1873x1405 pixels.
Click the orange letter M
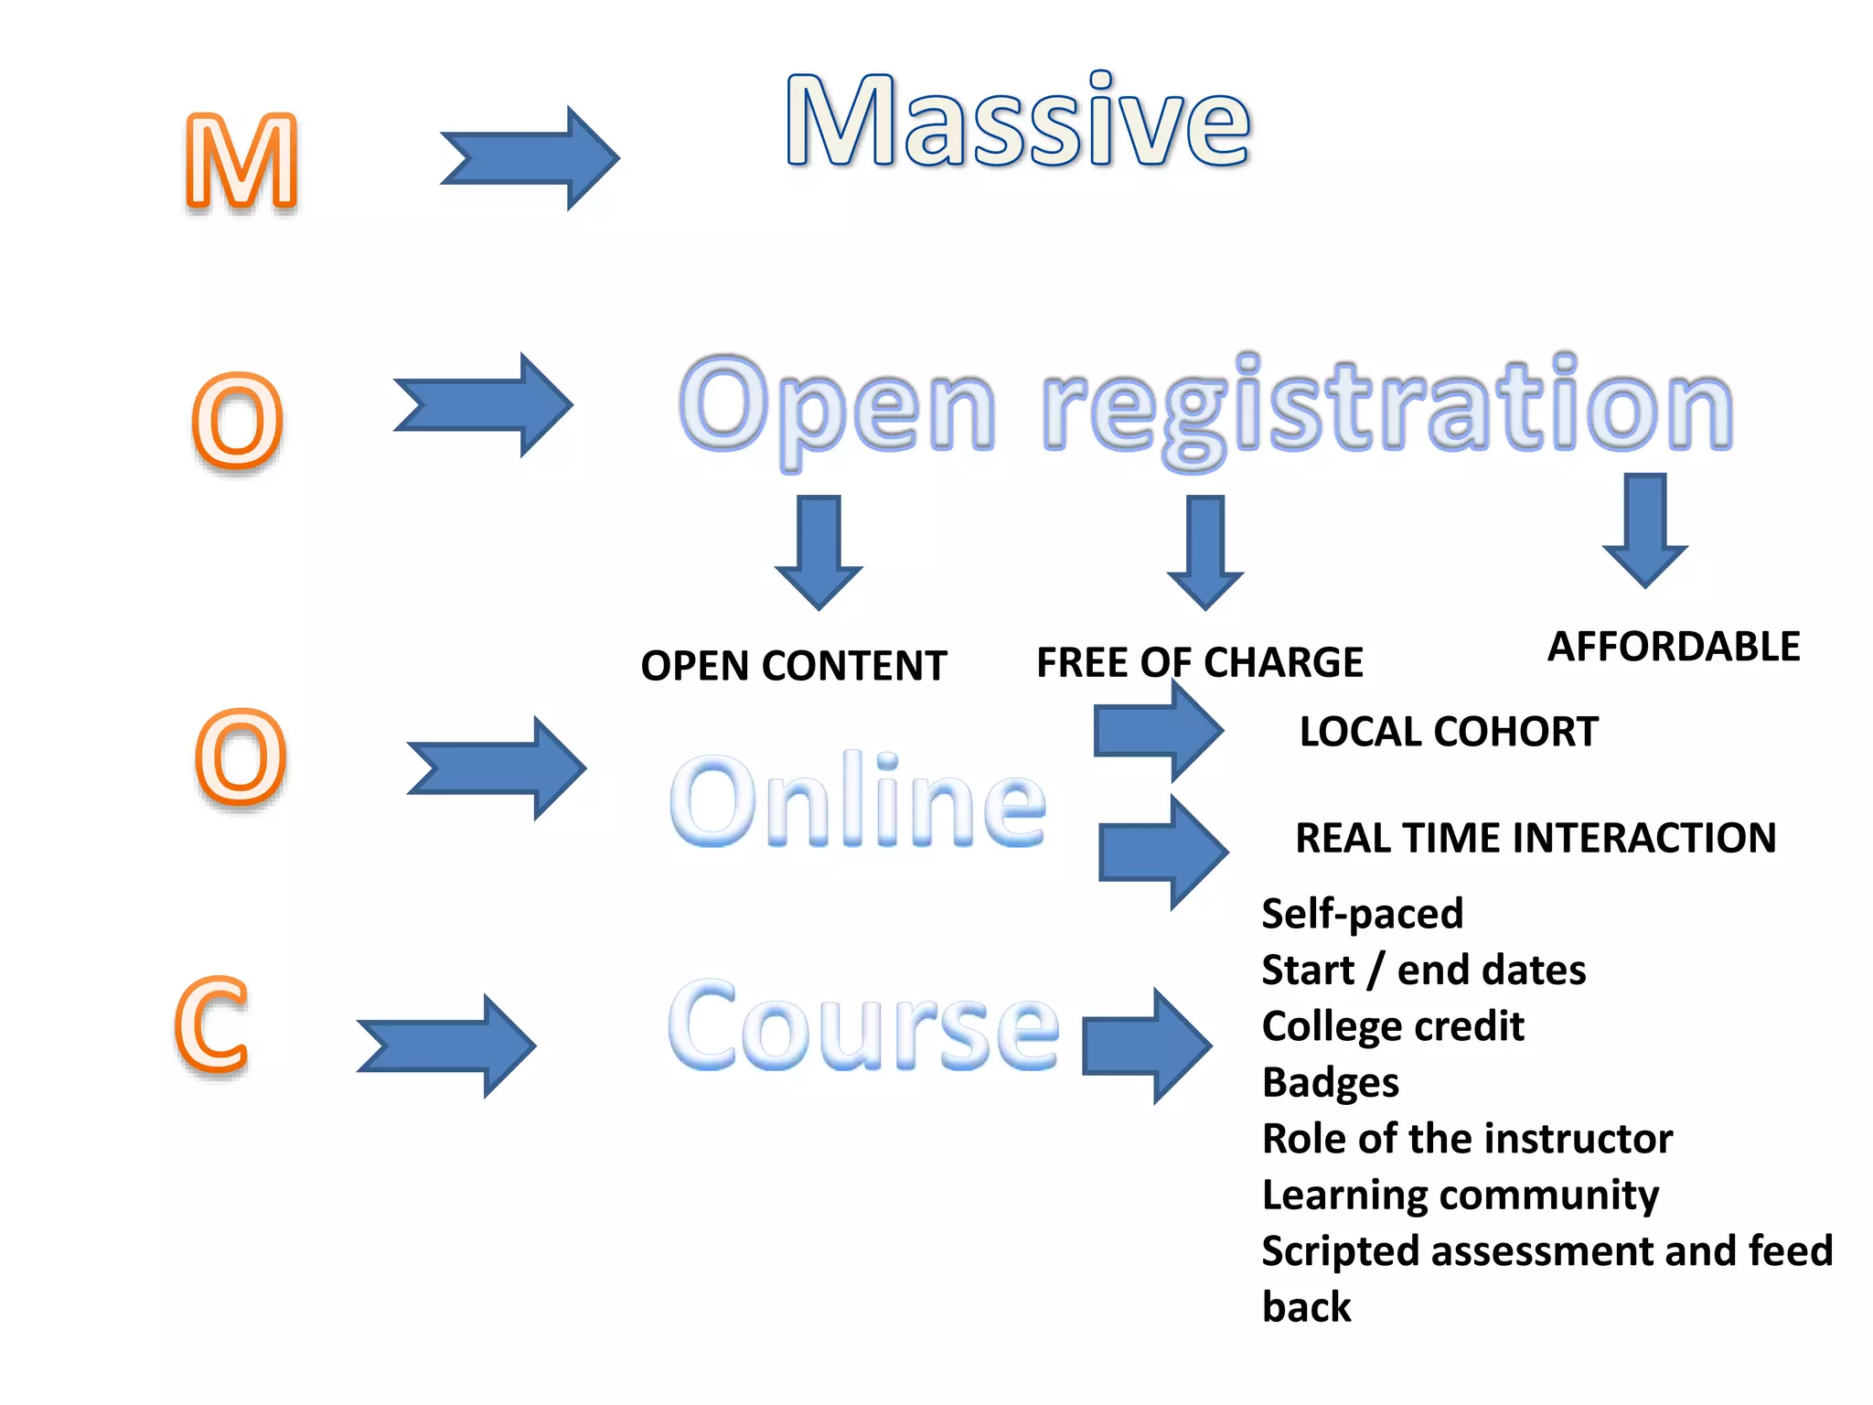click(242, 162)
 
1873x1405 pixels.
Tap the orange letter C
click(212, 1024)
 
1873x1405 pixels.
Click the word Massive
click(1017, 122)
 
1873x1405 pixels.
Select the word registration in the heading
click(1386, 407)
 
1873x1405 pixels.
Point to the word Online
click(857, 800)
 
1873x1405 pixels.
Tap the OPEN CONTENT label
click(793, 666)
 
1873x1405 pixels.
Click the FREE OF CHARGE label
click(1199, 662)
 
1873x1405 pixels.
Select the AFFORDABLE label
click(1673, 647)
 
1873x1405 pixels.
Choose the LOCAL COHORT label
click(1448, 732)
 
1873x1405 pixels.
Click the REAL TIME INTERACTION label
click(1536, 838)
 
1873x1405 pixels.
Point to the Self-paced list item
click(1362, 914)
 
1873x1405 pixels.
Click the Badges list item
click(1330, 1082)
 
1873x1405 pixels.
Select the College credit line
click(1392, 1026)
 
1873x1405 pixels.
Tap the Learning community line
click(1460, 1195)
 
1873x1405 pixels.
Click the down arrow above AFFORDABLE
click(1644, 529)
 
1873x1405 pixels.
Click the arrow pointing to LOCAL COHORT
click(1158, 731)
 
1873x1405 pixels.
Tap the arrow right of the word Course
click(1147, 1046)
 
